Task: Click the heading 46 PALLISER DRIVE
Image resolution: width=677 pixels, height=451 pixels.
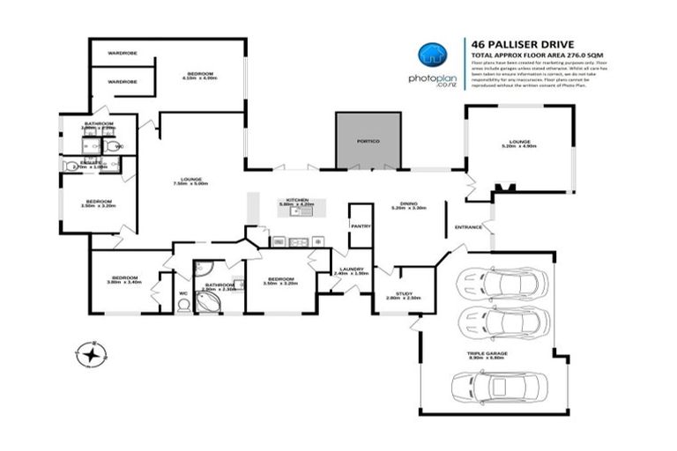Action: click(x=510, y=41)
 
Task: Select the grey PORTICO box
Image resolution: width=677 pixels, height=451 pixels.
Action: click(x=368, y=140)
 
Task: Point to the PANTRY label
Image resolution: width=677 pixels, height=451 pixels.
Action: click(x=361, y=226)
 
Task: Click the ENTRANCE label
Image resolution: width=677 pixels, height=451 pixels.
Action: click(x=467, y=228)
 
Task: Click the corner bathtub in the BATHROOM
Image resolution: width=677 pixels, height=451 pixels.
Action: click(x=208, y=299)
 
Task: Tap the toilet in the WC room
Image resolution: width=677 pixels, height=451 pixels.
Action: click(x=183, y=305)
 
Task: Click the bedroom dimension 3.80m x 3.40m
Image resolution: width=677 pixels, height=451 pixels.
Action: click(x=124, y=283)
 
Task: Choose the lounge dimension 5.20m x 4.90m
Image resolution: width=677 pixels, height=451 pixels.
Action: click(x=518, y=145)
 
